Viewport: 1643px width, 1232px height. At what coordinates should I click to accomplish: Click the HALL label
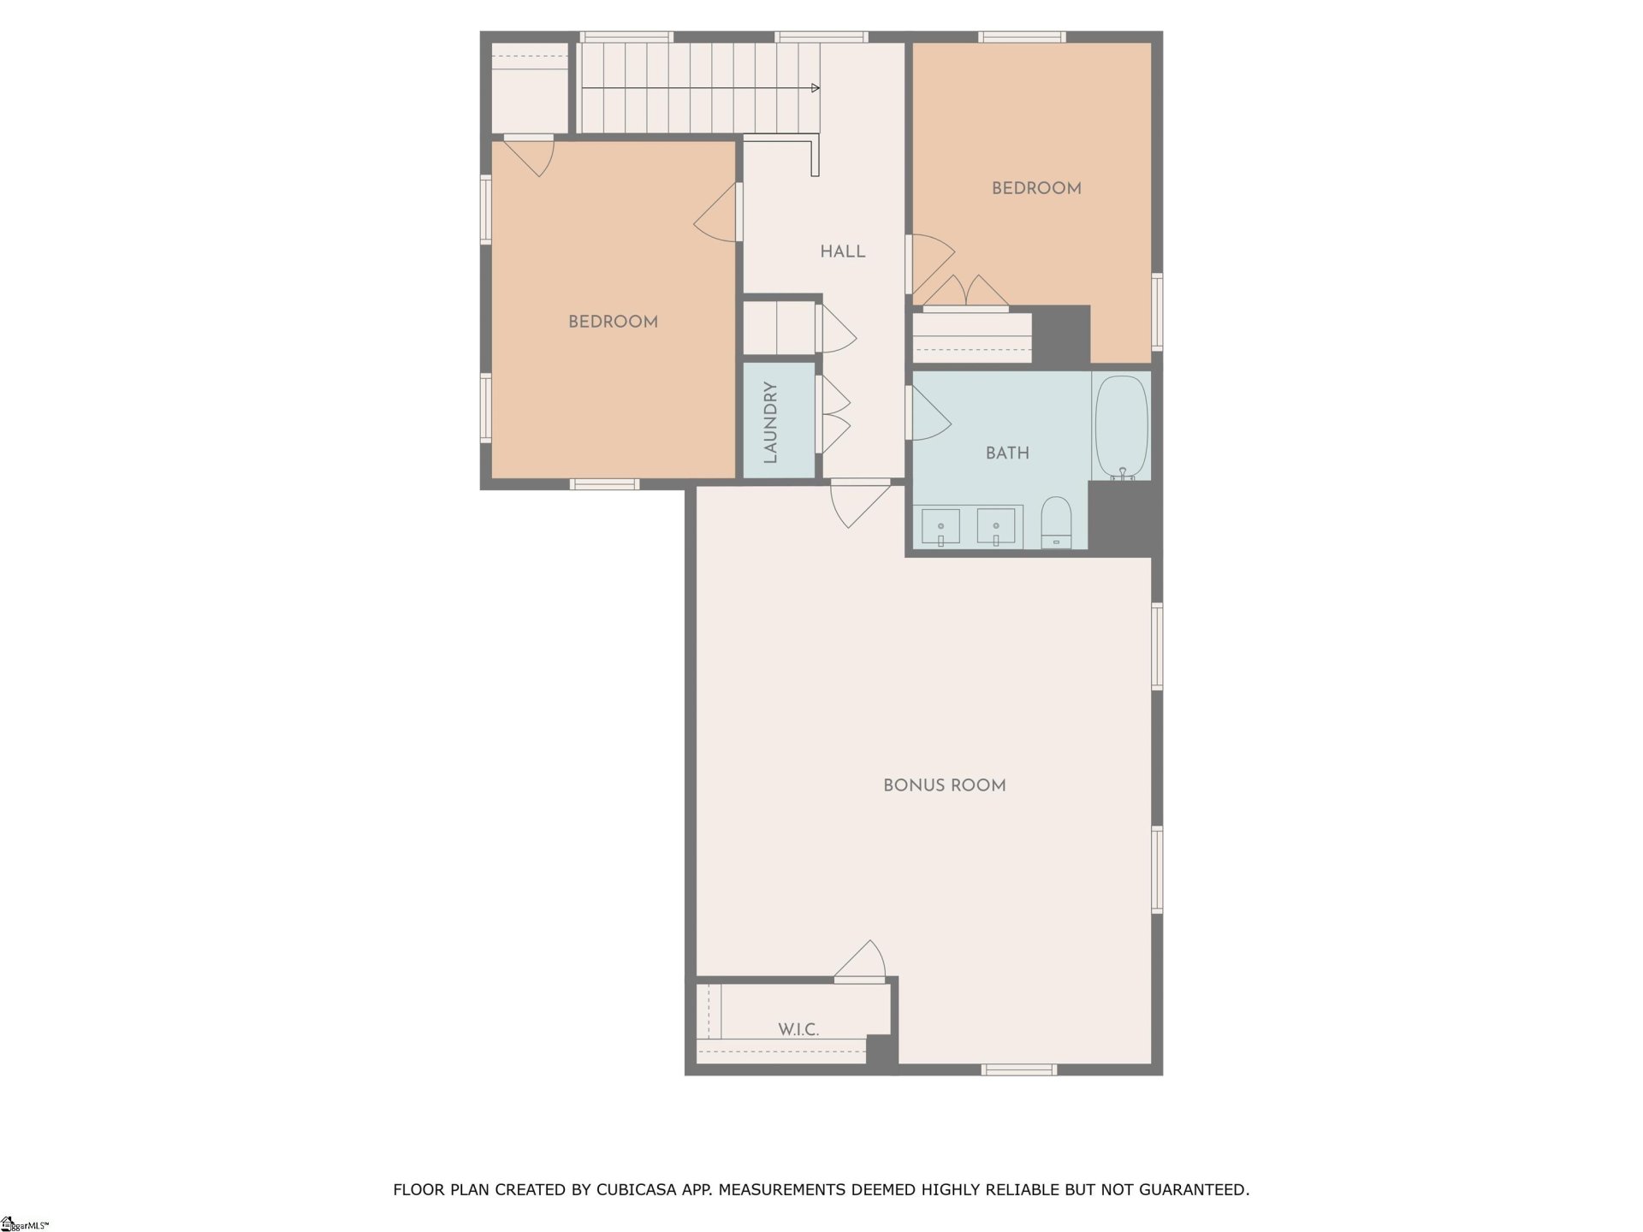pos(842,252)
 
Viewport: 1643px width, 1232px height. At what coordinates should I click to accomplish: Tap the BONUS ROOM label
pos(944,785)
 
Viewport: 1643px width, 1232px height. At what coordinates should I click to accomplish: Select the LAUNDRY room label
pos(770,423)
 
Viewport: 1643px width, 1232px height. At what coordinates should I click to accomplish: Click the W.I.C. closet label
pos(798,1030)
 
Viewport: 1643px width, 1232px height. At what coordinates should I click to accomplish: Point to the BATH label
pos(1007,453)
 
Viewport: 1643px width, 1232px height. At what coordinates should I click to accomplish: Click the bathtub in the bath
pos(1121,426)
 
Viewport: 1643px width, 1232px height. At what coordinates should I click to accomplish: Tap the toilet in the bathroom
pos(1056,522)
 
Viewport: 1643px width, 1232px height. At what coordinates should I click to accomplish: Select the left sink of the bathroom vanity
pos(940,527)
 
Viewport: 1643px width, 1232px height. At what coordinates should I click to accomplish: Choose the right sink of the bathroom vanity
pos(996,527)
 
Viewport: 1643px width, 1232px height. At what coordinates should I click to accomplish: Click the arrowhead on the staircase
pos(815,88)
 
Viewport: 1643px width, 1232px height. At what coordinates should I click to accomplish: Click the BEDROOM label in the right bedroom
pos(1036,188)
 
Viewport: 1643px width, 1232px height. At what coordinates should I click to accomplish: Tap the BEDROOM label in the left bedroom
pos(613,322)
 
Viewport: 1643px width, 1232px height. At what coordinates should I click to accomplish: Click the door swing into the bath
pos(930,415)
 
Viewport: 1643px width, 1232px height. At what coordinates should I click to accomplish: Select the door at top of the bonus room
pos(859,505)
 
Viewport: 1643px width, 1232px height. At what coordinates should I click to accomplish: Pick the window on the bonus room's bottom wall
pos(1018,1069)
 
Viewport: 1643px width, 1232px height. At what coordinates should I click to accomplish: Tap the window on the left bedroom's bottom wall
pos(604,484)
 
